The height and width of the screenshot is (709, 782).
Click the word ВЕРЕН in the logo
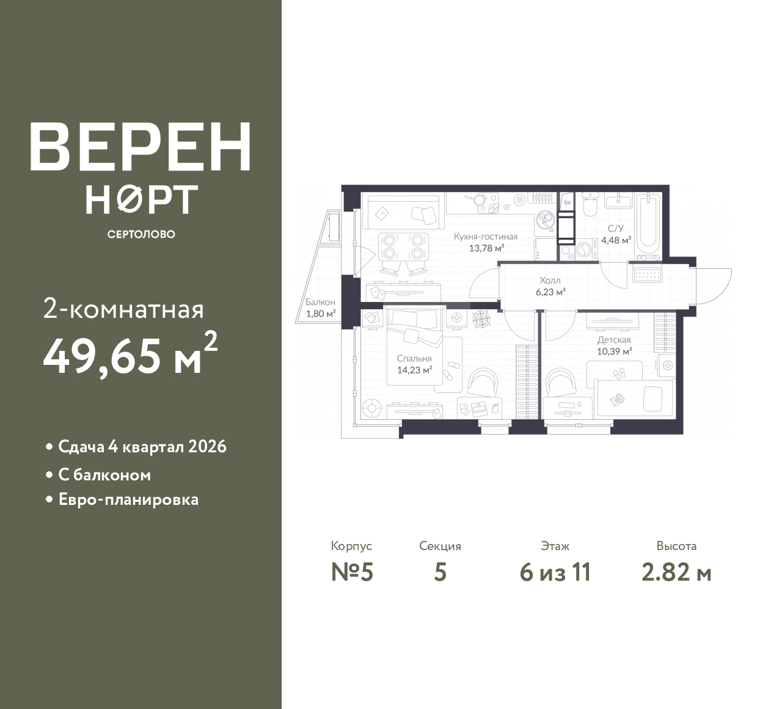pos(141,146)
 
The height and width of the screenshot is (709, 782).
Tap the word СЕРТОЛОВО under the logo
pos(141,234)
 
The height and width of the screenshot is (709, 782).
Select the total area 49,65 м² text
pos(131,355)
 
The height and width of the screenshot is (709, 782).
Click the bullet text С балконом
pos(104,475)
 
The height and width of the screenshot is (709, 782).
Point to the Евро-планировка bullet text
pos(129,499)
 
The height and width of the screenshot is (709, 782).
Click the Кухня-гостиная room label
pos(485,237)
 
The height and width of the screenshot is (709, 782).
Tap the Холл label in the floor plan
pos(550,280)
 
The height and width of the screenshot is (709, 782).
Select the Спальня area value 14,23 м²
pos(414,370)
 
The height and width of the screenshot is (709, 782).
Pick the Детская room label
pos(614,340)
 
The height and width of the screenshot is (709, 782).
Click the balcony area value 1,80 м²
pos(321,314)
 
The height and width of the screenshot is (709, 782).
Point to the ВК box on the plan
pos(567,202)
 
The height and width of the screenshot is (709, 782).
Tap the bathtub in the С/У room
pos(648,223)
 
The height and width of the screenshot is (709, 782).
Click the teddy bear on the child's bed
pos(617,399)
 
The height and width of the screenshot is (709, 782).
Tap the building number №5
pos(352,573)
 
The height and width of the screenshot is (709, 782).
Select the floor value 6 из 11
pos(555,573)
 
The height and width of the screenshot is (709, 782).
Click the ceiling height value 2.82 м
pos(676,573)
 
